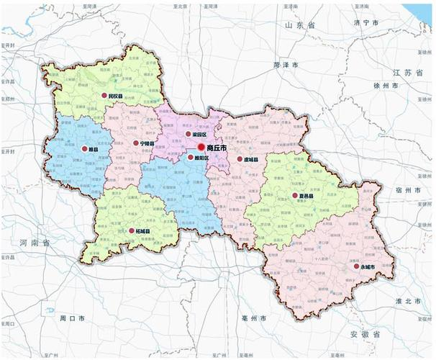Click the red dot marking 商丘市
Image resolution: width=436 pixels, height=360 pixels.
(201, 147)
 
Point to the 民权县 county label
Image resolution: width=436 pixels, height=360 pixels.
(114, 95)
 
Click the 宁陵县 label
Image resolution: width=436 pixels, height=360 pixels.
(147, 143)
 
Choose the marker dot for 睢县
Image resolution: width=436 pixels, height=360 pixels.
(84, 150)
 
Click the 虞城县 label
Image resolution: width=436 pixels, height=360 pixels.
(251, 159)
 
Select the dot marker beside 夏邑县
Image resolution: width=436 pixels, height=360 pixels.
(294, 195)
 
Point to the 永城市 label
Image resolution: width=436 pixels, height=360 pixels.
(368, 266)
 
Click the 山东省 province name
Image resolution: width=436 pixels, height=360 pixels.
(300, 25)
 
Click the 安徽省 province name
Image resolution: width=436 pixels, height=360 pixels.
(363, 334)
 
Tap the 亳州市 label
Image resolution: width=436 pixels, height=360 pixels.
(254, 317)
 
